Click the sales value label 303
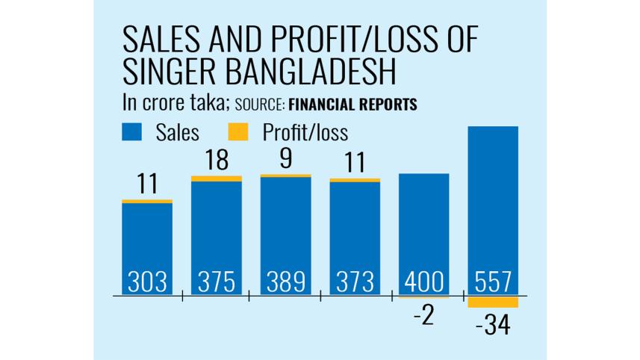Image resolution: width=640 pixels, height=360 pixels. [x=147, y=282]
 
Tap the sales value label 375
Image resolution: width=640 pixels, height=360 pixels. [x=217, y=282]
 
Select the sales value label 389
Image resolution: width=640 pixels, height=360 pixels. [x=285, y=282]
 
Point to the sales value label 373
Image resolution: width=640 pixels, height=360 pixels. [x=355, y=282]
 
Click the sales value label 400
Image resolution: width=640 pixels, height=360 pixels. [x=423, y=282]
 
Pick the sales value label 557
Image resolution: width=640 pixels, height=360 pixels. [x=493, y=282]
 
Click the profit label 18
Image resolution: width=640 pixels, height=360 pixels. [x=216, y=162]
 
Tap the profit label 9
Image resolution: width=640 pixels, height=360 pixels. [x=285, y=159]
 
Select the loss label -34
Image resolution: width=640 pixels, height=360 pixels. [x=492, y=326]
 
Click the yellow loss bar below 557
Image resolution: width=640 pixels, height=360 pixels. [x=493, y=302]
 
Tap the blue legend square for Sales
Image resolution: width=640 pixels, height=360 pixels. [x=131, y=133]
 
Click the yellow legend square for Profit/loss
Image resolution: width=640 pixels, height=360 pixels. [x=237, y=133]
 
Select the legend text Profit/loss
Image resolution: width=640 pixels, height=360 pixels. [x=305, y=133]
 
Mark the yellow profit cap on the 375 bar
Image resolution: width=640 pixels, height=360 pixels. [x=217, y=179]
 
